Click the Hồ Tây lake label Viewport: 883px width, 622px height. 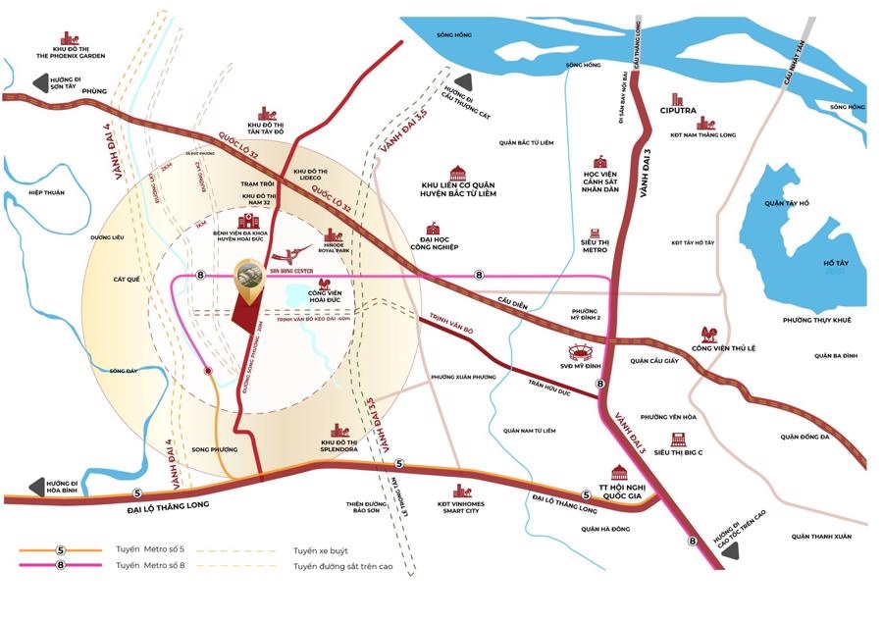pos(836,264)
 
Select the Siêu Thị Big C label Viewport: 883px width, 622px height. pos(676,452)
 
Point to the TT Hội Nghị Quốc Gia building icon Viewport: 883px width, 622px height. pos(619,472)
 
